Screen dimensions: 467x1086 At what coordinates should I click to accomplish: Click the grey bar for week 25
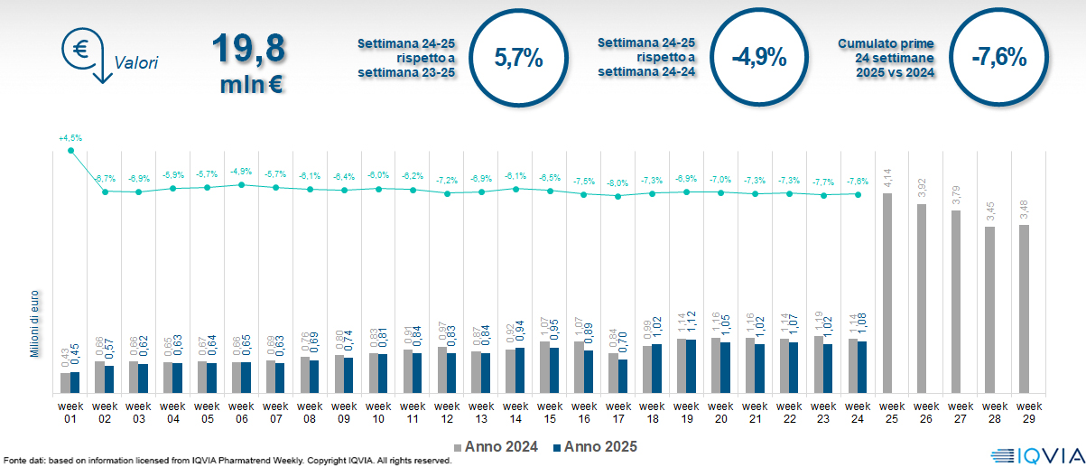887,294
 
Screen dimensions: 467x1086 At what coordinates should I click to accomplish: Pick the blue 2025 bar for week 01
75,383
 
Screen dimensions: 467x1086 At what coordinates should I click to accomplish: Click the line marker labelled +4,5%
70,150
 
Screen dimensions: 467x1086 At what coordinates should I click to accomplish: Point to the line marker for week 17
617,196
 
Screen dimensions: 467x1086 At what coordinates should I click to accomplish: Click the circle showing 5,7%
518,59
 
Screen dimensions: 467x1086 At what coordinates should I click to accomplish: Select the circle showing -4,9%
759,59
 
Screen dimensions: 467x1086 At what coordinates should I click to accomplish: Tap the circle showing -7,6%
999,59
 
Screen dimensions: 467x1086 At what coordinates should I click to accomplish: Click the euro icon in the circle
80,49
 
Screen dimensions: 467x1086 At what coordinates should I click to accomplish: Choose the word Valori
136,63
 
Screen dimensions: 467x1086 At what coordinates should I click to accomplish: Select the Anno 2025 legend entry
596,446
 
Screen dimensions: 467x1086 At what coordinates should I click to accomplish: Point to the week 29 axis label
1024,412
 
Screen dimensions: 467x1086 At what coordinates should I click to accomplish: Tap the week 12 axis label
446,412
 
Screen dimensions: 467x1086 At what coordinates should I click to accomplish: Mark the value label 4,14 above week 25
887,179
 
